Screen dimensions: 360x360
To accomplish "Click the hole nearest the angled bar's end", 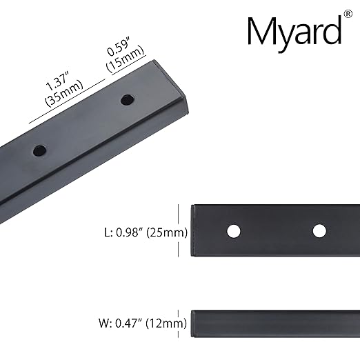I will [x=126, y=101].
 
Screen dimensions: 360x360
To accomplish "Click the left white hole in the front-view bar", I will [x=235, y=230].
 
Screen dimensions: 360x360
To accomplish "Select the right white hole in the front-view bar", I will [x=319, y=230].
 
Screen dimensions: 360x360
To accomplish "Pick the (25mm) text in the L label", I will [x=166, y=232].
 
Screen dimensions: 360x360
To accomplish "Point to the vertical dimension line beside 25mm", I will [x=179, y=230].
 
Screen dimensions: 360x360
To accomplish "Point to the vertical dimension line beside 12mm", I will [x=179, y=322].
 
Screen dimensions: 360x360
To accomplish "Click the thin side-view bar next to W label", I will [x=276, y=322].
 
